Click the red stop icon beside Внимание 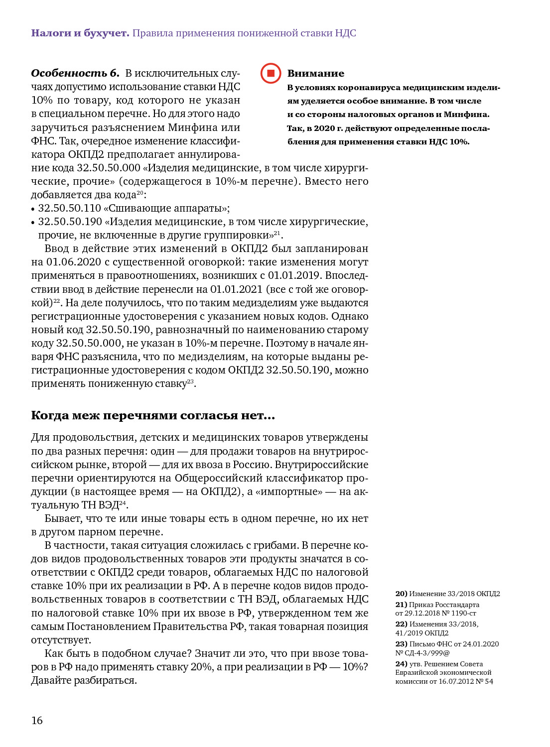pyautogui.click(x=271, y=73)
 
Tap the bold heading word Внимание pyautogui.click(x=315, y=74)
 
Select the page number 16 pyautogui.click(x=37, y=720)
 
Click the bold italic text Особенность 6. pyautogui.click(x=75, y=73)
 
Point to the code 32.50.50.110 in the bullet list pyautogui.click(x=69, y=208)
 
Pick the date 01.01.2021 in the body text pyautogui.click(x=236, y=289)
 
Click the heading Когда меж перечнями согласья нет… pyautogui.click(x=153, y=415)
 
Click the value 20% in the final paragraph pyautogui.click(x=201, y=667)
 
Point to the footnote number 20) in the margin pyautogui.click(x=401, y=594)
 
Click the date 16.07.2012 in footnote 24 pyautogui.click(x=457, y=681)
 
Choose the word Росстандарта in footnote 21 pyautogui.click(x=457, y=605)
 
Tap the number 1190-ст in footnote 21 pyautogui.click(x=463, y=613)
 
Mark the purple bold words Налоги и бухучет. pyautogui.click(x=80, y=33)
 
